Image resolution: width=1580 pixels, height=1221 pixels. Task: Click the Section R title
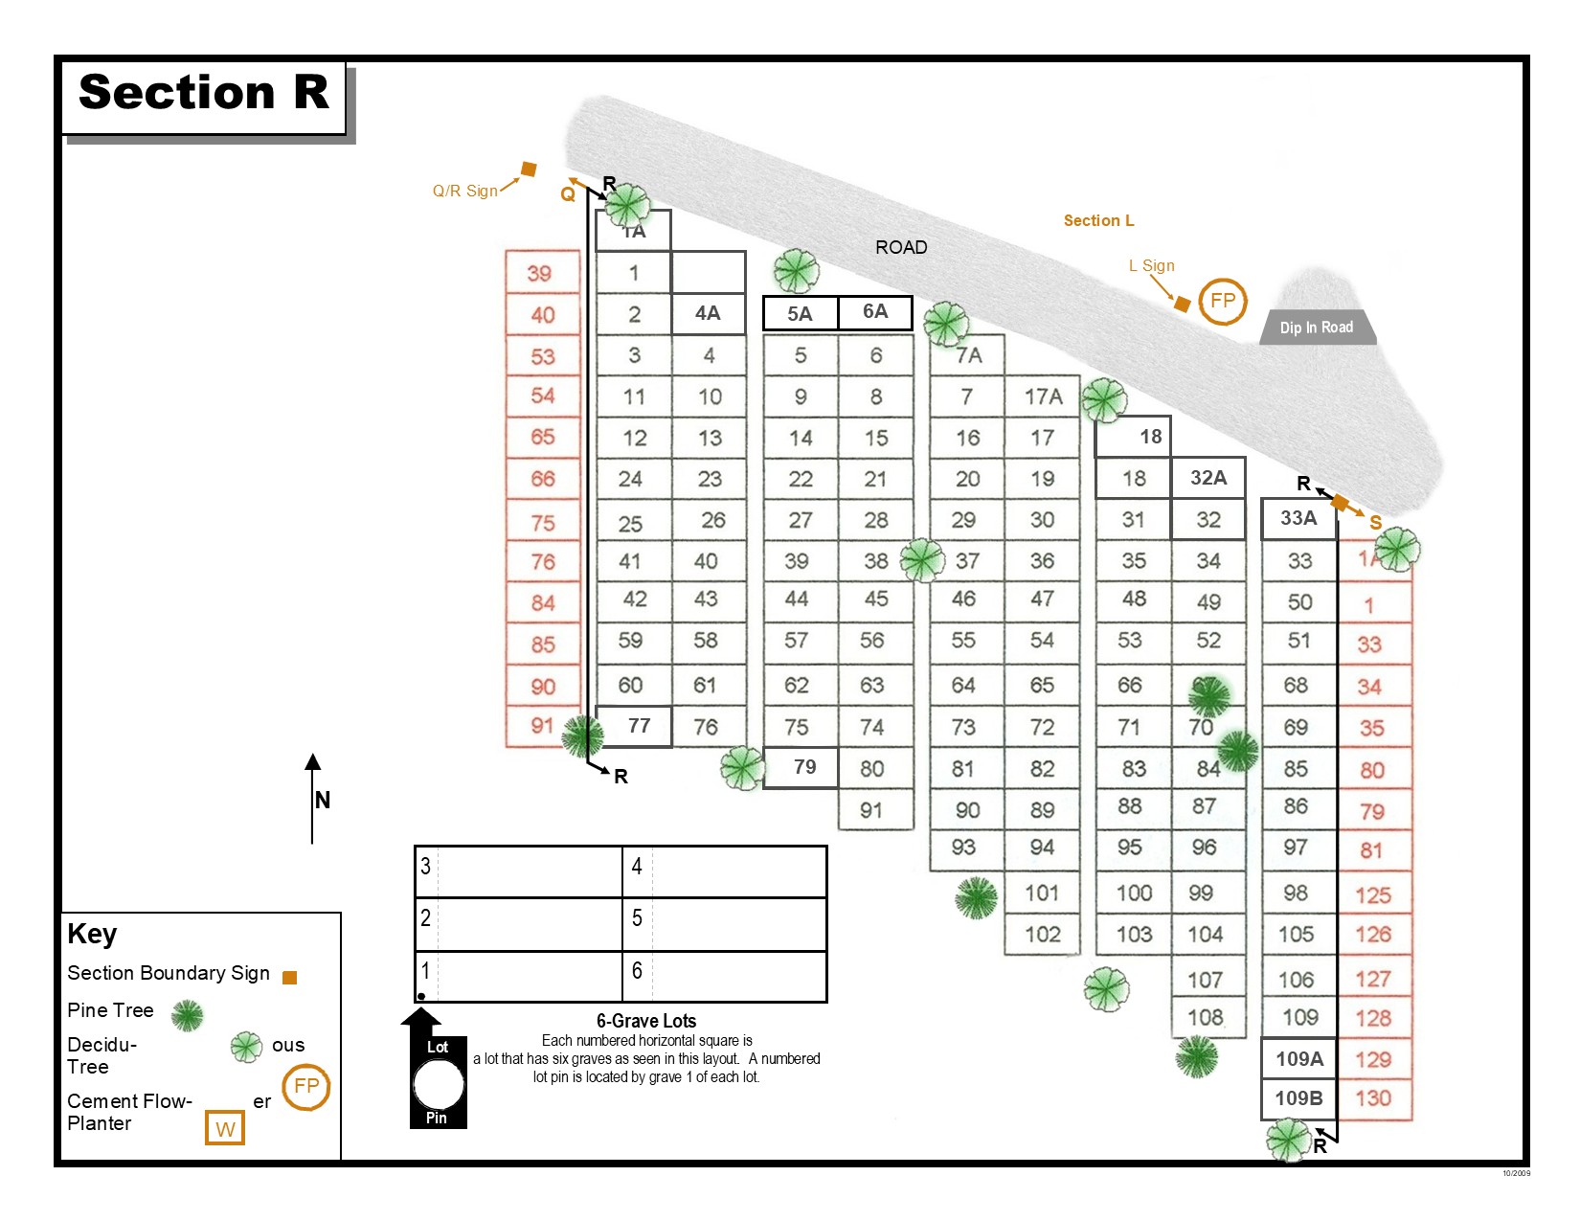pos(203,93)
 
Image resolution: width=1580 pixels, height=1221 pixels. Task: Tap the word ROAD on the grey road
pos(901,247)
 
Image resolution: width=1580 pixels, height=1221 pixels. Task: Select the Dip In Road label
pos(1317,328)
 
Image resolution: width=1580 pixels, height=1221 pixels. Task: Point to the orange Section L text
pos(1098,220)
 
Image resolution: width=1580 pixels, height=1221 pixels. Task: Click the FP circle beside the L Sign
pos(1223,301)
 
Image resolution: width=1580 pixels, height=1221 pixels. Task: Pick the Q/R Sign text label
pos(465,191)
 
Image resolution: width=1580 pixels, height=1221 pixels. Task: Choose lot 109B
pos(1298,1098)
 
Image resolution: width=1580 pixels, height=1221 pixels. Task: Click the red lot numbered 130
pos(1373,1098)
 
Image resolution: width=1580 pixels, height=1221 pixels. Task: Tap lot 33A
pos(1298,518)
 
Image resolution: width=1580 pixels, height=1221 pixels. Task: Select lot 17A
pos(1043,396)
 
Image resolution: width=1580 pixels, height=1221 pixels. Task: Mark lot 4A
pos(708,313)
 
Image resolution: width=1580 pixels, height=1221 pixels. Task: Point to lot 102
pos(1043,934)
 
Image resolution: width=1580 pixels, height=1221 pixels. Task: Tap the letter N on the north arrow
pos(323,800)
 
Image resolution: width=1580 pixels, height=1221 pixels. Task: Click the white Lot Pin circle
pos(439,1085)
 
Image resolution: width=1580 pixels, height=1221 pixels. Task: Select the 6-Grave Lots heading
pos(646,1021)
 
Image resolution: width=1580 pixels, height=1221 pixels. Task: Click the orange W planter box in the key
pos(225,1128)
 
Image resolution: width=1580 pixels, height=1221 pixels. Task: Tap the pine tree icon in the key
pos(187,1014)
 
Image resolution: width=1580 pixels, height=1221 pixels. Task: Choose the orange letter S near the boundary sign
pos(1375,523)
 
